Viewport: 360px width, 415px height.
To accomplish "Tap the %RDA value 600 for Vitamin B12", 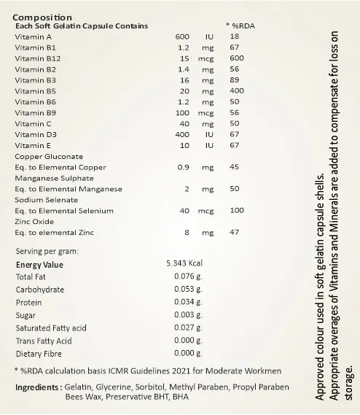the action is [x=236, y=58].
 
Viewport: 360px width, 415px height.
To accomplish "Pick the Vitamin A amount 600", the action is [x=183, y=36].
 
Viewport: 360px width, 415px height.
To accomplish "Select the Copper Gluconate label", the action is [x=49, y=156].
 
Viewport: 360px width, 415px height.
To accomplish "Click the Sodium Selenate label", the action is [x=47, y=200].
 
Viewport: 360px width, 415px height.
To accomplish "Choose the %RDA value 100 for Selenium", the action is [x=236, y=211].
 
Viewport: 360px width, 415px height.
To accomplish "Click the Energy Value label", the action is [x=39, y=265].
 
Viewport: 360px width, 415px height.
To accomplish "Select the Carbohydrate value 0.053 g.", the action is [x=187, y=290].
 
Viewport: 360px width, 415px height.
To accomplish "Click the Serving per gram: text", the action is [x=47, y=252].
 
